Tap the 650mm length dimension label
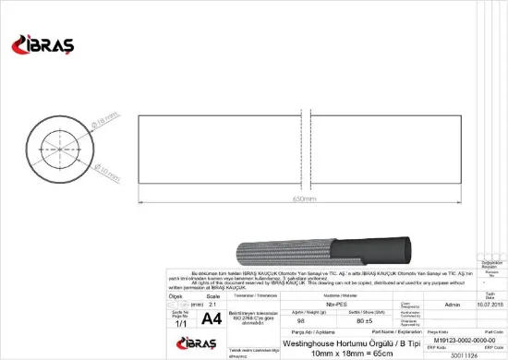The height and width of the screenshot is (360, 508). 305,198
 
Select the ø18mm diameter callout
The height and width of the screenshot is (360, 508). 85,118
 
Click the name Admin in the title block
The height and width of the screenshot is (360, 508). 453,303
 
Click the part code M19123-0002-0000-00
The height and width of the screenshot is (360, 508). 459,340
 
